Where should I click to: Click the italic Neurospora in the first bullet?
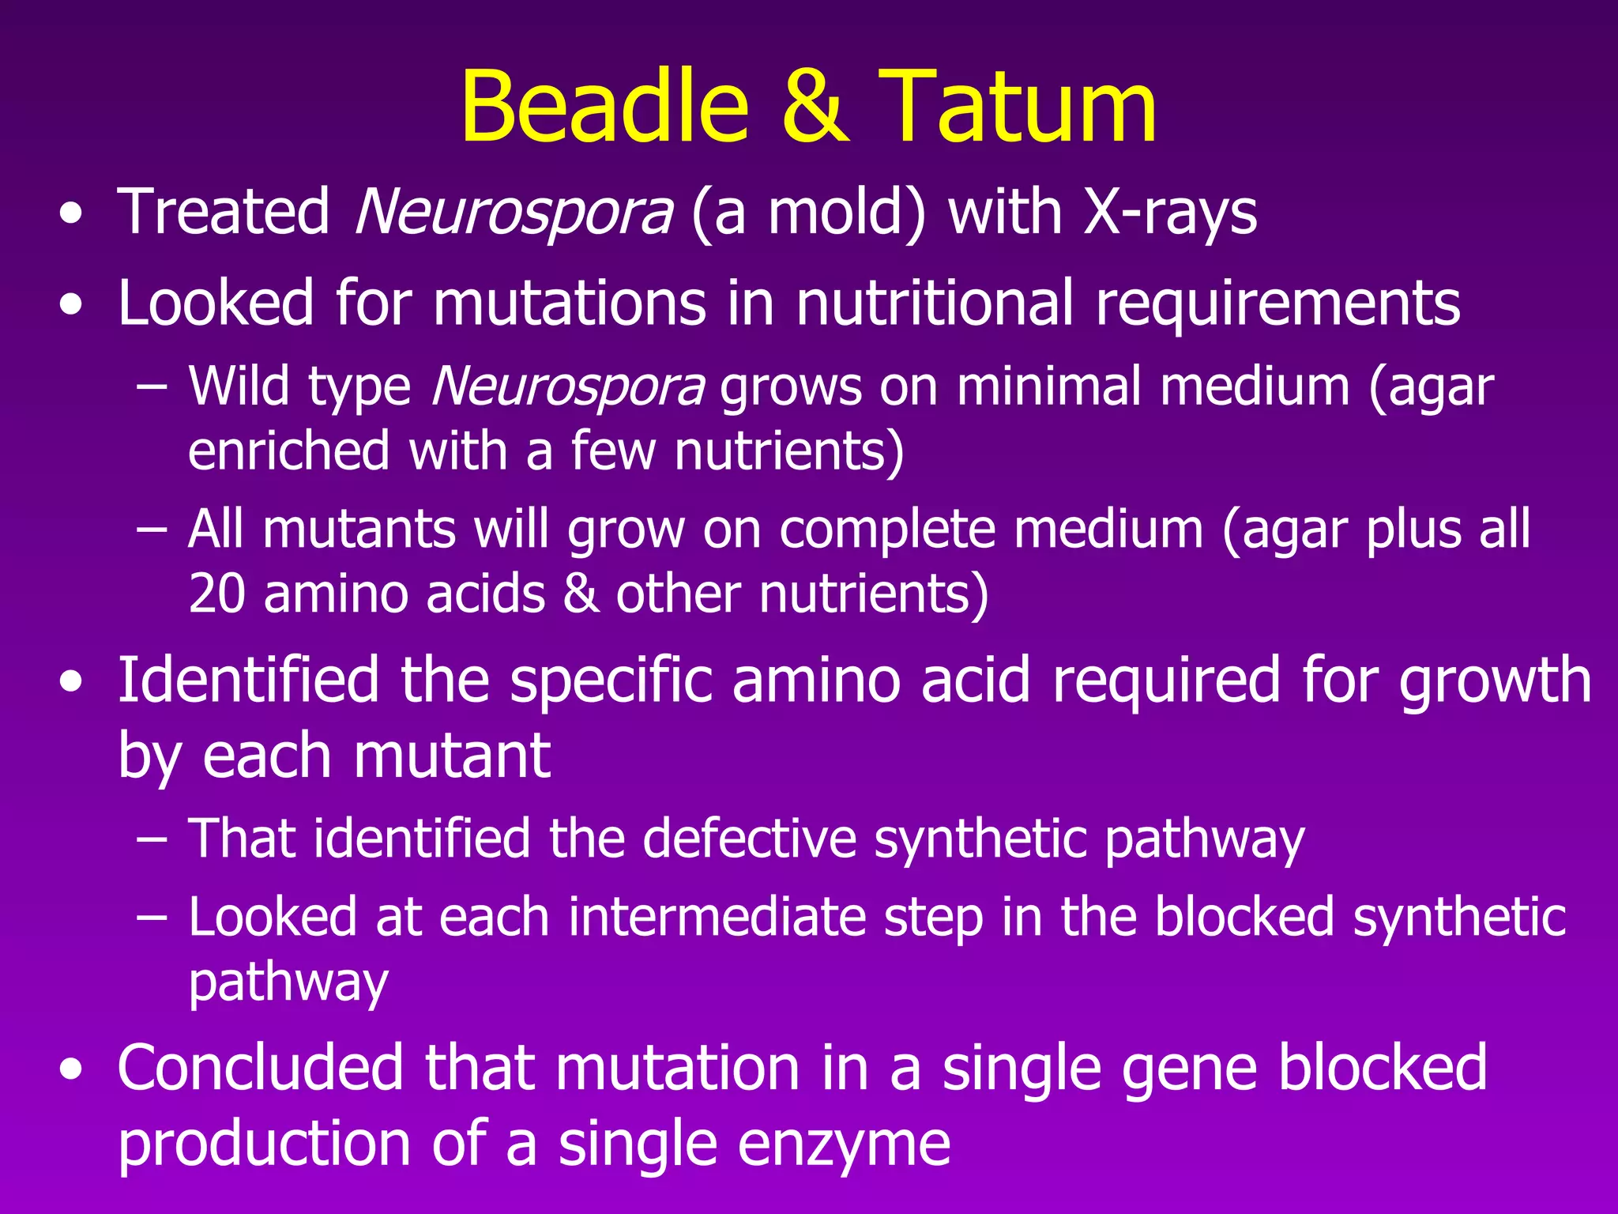coord(514,213)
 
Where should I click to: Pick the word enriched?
coord(289,451)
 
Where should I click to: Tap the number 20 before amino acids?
coord(216,594)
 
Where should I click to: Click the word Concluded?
coord(262,1068)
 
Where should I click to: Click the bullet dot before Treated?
coord(70,215)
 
